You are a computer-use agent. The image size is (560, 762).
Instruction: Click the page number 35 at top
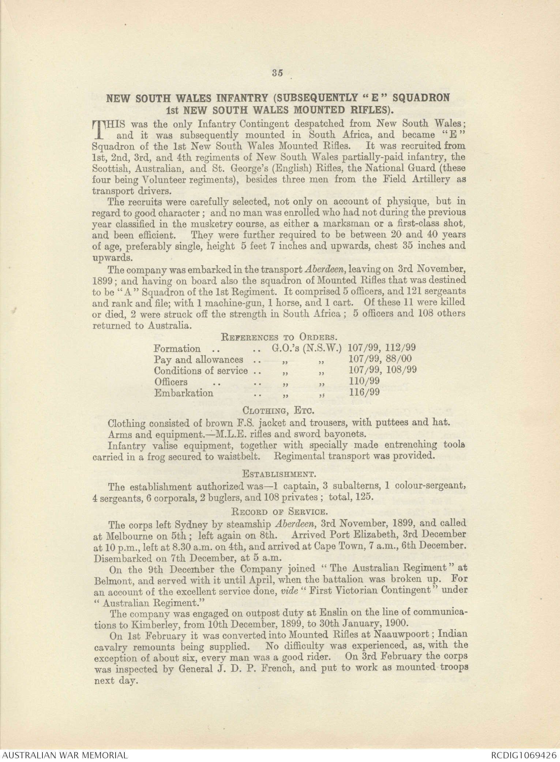tap(277, 73)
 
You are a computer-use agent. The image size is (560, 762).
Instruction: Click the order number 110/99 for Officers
tap(364, 382)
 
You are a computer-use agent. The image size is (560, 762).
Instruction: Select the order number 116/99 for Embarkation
tap(364, 393)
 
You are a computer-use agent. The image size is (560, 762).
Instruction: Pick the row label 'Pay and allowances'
tap(198, 360)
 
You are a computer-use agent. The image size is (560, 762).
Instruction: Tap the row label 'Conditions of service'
tap(201, 371)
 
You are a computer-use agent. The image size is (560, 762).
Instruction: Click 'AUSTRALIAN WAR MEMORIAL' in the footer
tap(64, 755)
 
